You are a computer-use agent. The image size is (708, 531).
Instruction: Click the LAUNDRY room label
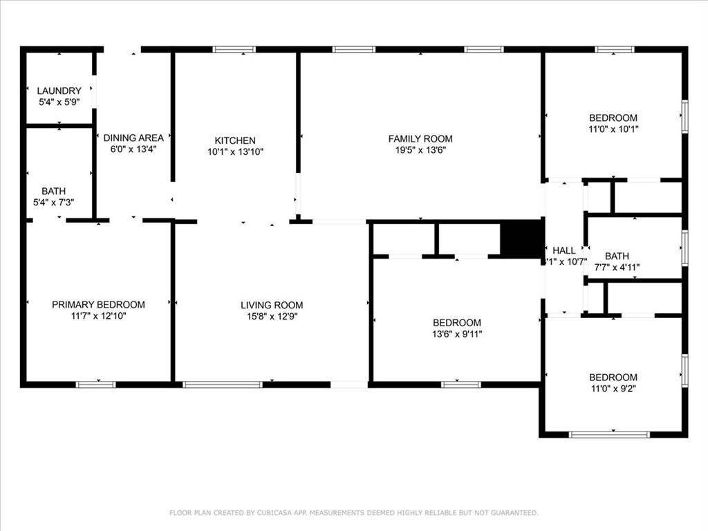pos(59,91)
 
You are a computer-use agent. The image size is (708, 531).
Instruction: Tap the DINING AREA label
pos(133,138)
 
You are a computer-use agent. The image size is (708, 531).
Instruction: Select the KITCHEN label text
pos(235,140)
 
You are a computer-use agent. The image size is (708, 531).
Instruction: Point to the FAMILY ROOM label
pos(420,138)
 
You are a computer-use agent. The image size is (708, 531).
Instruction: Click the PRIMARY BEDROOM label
pos(98,304)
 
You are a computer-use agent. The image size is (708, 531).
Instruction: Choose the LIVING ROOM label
pos(272,305)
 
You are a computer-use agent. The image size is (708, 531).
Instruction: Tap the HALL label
pos(563,250)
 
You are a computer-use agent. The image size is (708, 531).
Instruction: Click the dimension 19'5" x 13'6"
pos(420,149)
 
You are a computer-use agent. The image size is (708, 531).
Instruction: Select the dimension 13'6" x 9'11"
pos(456,334)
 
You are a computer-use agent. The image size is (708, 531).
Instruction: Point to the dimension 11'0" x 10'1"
pos(613,129)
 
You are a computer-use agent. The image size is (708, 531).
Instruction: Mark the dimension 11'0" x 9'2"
pos(613,388)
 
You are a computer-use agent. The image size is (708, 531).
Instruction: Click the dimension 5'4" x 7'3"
pos(54,202)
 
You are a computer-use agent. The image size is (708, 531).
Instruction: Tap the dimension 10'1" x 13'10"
pos(235,151)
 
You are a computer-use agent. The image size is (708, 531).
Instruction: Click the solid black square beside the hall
pos(521,240)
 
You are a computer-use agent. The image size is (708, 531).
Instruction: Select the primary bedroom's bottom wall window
pos(95,384)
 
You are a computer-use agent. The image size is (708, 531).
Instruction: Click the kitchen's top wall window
pos(234,49)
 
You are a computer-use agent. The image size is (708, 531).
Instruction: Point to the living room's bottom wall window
pos(223,384)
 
